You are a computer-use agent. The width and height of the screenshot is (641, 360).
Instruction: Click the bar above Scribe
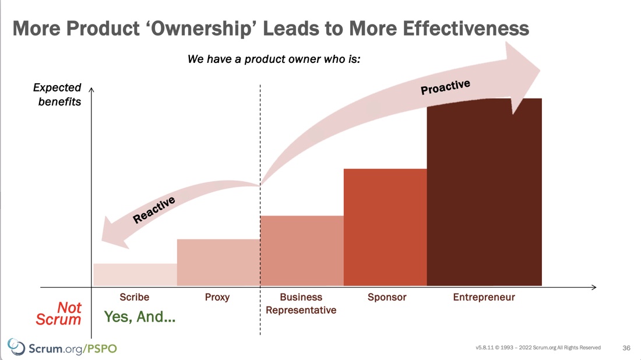coord(135,274)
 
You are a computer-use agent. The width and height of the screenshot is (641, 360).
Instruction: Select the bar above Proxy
coord(219,262)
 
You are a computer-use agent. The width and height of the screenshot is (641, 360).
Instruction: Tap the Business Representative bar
coord(302,250)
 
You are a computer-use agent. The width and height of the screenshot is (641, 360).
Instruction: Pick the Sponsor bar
coord(386,227)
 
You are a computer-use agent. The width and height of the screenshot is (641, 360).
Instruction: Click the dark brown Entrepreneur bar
coord(484,192)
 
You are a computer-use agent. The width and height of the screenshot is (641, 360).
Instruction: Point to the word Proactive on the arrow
coord(446,87)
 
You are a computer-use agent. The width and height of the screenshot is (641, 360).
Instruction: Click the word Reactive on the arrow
coord(154,210)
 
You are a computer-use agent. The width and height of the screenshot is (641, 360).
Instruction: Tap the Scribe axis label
coord(135,297)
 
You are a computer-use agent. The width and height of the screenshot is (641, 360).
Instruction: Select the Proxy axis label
coord(217,298)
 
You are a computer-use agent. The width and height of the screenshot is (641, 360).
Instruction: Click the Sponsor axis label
coord(387,298)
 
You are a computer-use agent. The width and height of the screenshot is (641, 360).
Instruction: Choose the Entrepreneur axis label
coord(484,298)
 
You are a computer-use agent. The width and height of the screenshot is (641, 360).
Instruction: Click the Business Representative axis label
coord(301,303)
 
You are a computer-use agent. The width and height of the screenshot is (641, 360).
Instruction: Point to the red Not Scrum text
coord(58,313)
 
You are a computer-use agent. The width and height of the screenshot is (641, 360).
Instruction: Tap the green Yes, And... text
coord(140,317)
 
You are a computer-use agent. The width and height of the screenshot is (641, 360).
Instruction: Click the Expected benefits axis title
coord(57,94)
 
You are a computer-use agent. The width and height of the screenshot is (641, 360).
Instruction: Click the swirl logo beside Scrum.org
coord(16,347)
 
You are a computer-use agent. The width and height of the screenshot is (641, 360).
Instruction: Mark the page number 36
coord(626,348)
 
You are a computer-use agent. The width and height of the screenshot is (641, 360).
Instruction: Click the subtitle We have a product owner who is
coord(274,59)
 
